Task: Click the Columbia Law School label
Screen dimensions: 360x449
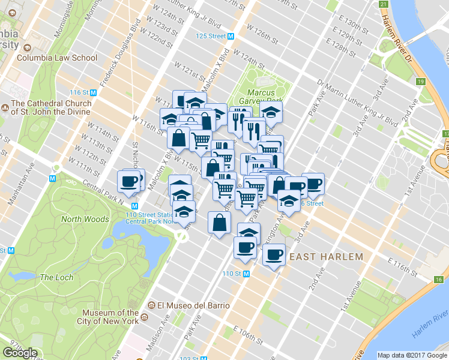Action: (x=56, y=58)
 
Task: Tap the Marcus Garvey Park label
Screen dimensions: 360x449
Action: (x=261, y=97)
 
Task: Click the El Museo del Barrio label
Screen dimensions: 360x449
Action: (x=192, y=305)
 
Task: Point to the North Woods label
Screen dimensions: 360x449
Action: (x=85, y=220)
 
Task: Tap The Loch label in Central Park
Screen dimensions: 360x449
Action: (x=56, y=277)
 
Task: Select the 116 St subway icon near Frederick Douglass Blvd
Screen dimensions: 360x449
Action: (x=94, y=92)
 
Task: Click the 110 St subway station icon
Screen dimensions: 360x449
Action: (x=246, y=274)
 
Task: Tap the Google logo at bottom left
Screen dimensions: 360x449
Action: (x=20, y=353)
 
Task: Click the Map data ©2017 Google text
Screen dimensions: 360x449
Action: (x=412, y=355)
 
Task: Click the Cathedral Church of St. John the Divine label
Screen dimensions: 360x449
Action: (x=51, y=107)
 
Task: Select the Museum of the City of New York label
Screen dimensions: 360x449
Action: (x=111, y=317)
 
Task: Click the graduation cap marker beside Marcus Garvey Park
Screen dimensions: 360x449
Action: (x=271, y=112)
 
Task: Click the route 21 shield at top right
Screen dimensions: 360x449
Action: (x=384, y=4)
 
